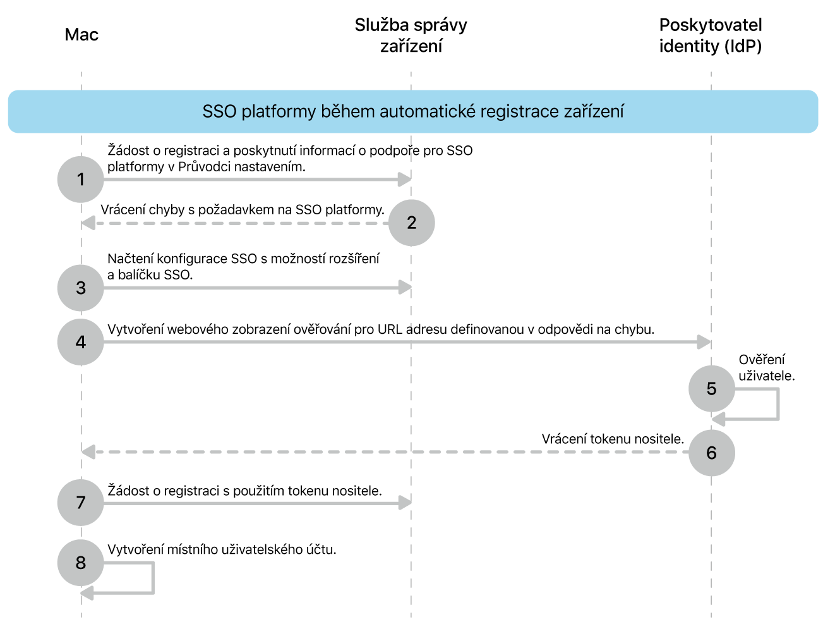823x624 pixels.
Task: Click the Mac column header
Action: tap(81, 35)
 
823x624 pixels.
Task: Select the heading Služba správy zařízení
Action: tap(411, 35)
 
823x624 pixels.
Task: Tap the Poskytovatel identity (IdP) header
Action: tap(711, 35)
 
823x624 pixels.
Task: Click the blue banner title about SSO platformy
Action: tap(412, 111)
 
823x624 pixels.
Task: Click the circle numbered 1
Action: tap(81, 180)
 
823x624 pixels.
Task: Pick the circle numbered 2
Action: tap(412, 223)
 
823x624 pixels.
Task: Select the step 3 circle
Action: tap(81, 288)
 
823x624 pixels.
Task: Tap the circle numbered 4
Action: tap(81, 342)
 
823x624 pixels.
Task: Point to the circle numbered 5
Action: tap(711, 389)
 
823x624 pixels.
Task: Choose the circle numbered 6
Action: tap(711, 453)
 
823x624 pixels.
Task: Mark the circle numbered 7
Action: tap(81, 503)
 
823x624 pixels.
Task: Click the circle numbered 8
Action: tap(81, 563)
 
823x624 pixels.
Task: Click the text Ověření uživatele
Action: tap(766, 367)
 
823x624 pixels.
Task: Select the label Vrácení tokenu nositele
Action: tap(613, 439)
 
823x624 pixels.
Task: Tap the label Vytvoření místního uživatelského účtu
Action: tap(222, 549)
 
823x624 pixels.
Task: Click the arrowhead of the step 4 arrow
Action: tap(704, 342)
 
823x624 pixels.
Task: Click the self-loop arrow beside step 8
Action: tap(152, 578)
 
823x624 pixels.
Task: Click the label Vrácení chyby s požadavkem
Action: tap(243, 210)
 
